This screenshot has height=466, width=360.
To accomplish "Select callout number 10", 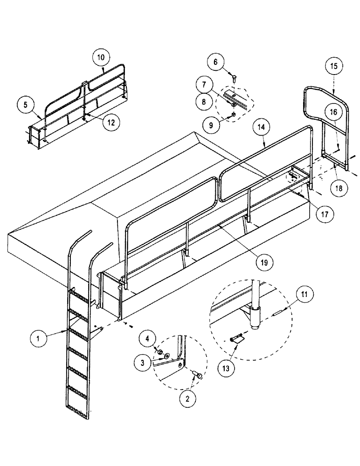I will coord(101,58).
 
